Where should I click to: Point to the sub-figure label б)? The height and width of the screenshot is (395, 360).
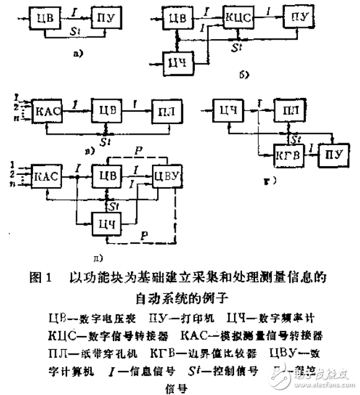click(243, 77)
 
